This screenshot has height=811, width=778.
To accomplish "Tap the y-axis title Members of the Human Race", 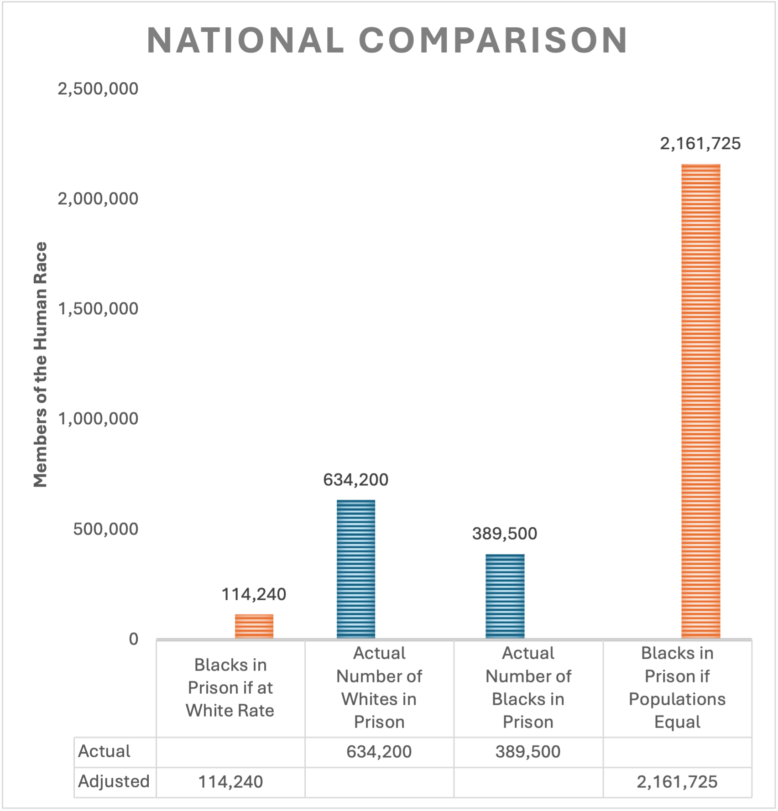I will tap(41, 364).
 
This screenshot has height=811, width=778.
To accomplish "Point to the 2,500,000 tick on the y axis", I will tap(98, 88).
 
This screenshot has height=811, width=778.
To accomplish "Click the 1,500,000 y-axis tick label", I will tap(98, 309).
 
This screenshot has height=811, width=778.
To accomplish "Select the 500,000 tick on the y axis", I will tap(105, 529).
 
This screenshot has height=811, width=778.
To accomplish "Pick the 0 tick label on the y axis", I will tap(133, 639).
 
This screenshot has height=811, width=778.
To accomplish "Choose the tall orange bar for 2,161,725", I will tap(700, 401).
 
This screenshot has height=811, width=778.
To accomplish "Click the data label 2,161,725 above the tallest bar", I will tap(700, 144).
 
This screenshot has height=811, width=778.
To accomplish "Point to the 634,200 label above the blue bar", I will tap(356, 480).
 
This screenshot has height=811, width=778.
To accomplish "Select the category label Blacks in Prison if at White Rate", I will tap(230, 688).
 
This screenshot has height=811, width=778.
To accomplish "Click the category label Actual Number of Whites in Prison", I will tap(379, 688).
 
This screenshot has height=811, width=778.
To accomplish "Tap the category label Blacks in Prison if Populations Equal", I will tap(677, 688).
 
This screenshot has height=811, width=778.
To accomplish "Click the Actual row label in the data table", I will tap(104, 751).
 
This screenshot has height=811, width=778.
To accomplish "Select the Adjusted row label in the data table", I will tap(114, 781).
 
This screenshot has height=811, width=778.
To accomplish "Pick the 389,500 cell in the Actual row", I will tap(528, 752).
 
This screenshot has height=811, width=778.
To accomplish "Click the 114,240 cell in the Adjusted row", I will tap(230, 782).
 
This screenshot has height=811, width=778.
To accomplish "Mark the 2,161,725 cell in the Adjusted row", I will tap(677, 782).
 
